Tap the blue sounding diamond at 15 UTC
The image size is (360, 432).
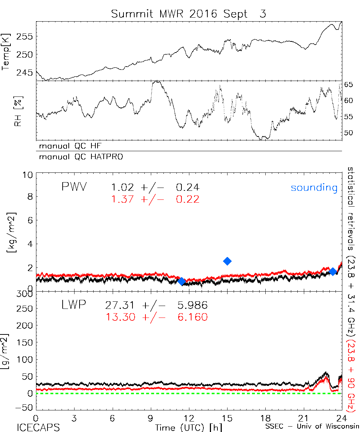coord(227,261)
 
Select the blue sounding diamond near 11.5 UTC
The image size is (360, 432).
coord(182,281)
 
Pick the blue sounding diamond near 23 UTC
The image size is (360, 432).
coord(333,271)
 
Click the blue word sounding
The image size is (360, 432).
coord(314,188)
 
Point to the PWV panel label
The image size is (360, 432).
coord(74,187)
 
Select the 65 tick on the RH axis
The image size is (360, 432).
coord(349,85)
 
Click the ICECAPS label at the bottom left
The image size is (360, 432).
coord(35,427)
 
